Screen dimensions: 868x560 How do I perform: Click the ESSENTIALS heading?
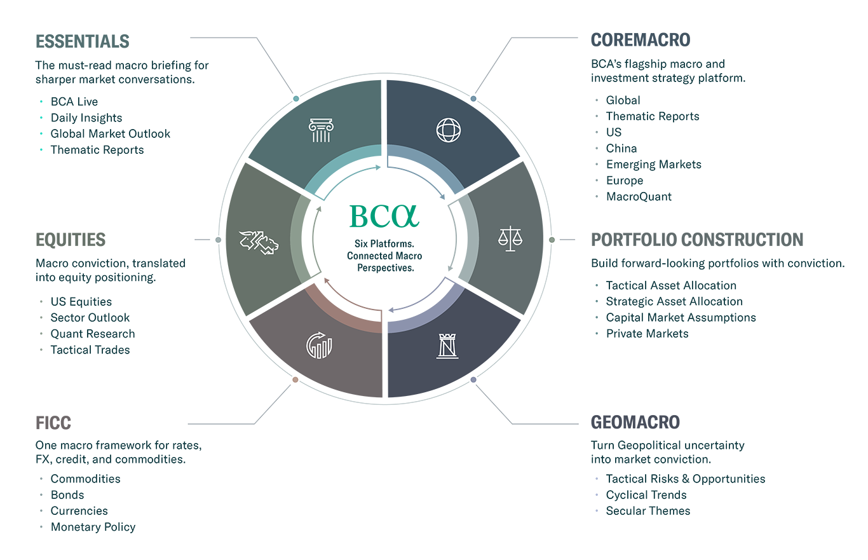click(x=82, y=41)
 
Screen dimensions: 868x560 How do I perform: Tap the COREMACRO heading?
click(x=640, y=40)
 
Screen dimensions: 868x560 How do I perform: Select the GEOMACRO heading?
click(x=635, y=422)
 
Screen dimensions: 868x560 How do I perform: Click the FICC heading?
click(x=53, y=423)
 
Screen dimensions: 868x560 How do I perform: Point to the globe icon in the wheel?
click(x=449, y=130)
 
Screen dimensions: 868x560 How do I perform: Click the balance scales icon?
click(x=510, y=239)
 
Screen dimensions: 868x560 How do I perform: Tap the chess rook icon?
click(x=447, y=346)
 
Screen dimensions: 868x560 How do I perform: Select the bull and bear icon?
click(x=259, y=243)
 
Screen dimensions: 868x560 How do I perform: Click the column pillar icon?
click(x=321, y=130)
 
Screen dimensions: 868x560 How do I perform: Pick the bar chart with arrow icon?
click(x=319, y=345)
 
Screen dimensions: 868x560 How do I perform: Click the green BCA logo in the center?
click(x=384, y=216)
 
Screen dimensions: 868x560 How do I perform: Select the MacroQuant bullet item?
click(x=639, y=196)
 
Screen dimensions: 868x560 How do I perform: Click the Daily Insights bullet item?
click(x=86, y=118)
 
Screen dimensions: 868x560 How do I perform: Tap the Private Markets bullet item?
click(x=647, y=334)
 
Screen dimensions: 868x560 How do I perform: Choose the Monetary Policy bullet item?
click(x=93, y=527)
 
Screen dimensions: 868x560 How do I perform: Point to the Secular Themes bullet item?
click(x=648, y=511)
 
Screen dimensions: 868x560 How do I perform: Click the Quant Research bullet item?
click(x=93, y=334)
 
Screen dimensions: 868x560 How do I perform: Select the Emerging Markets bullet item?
click(x=654, y=165)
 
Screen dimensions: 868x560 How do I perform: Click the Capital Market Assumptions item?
click(x=681, y=318)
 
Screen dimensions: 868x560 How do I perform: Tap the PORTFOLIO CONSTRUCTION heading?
click(x=697, y=240)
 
